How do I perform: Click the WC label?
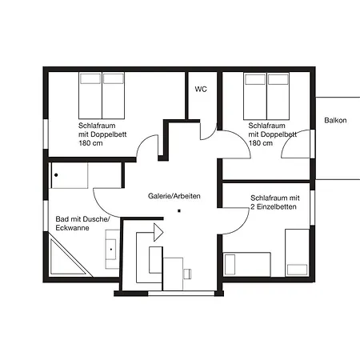click(201, 89)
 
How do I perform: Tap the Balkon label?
click(335, 120)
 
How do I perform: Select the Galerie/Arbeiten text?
click(174, 196)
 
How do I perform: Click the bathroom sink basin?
click(111, 250)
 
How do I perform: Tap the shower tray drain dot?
click(56, 175)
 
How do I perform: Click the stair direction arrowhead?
click(158, 233)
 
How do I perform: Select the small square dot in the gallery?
click(179, 211)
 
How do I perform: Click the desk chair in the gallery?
click(187, 274)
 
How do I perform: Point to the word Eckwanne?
click(72, 228)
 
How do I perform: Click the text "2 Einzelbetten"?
click(274, 207)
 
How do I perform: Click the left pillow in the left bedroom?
click(90, 78)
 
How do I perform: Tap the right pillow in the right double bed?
click(278, 79)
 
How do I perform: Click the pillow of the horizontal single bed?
click(230, 265)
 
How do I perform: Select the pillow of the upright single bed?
click(297, 270)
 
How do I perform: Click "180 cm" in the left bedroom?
click(90, 143)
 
